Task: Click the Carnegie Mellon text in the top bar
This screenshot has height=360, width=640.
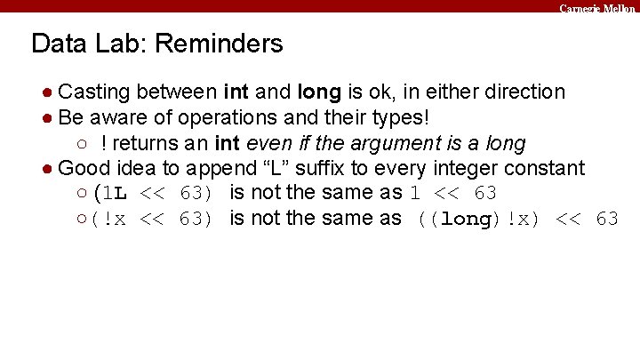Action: point(597,7)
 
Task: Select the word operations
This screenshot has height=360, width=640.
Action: point(222,117)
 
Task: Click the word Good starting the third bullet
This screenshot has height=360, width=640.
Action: point(80,168)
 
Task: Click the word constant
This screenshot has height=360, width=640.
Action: point(548,168)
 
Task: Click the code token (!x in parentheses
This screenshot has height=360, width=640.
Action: point(110,219)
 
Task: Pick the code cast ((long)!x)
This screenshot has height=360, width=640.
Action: point(481,219)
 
